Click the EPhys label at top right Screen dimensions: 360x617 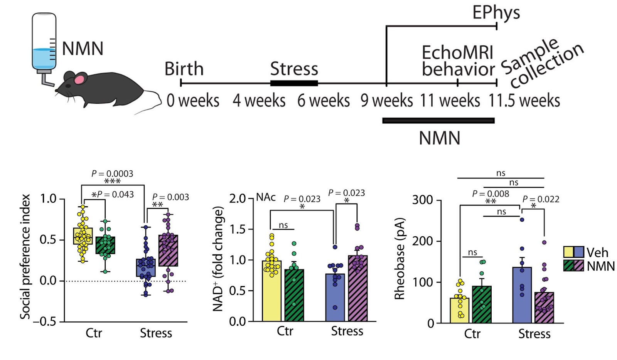496,13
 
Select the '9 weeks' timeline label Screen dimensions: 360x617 386,101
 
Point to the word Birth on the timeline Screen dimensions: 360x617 184,69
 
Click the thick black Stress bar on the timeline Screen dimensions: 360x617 294,83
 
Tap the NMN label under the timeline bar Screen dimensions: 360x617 439,138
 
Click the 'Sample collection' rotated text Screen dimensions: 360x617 542,64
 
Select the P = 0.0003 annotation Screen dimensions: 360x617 112,173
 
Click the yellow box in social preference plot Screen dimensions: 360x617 83,236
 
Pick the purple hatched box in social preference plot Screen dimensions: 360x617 169,251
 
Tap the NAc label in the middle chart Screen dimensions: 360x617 266,197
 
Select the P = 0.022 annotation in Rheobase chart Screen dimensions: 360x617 541,199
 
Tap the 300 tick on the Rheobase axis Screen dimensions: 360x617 422,200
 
